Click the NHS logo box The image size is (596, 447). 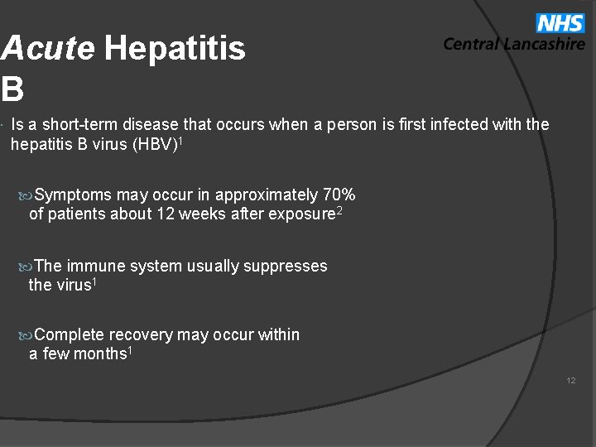tap(560, 22)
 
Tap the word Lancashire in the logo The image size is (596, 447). tap(546, 45)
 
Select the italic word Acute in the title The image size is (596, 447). tap(48, 50)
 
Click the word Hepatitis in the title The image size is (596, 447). tap(175, 50)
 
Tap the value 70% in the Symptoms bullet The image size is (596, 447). tap(339, 195)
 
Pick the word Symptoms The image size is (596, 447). tap(73, 195)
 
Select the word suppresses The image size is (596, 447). tap(286, 267)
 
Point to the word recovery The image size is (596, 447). tap(141, 335)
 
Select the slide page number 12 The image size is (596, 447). tap(571, 381)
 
